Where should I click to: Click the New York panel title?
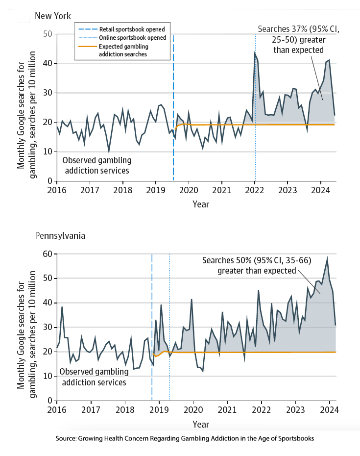[x=53, y=16]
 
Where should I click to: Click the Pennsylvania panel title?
[x=60, y=235]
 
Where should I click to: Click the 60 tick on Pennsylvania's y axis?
[x=48, y=253]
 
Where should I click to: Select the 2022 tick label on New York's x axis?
[x=255, y=190]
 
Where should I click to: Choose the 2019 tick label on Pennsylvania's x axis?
[x=159, y=409]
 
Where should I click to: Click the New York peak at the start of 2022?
[x=255, y=53]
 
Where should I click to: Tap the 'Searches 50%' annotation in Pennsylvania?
[x=257, y=265]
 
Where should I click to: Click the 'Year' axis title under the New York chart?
[x=200, y=203]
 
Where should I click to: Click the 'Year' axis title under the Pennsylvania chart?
[x=200, y=423]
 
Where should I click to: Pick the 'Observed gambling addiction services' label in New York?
[x=96, y=165]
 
